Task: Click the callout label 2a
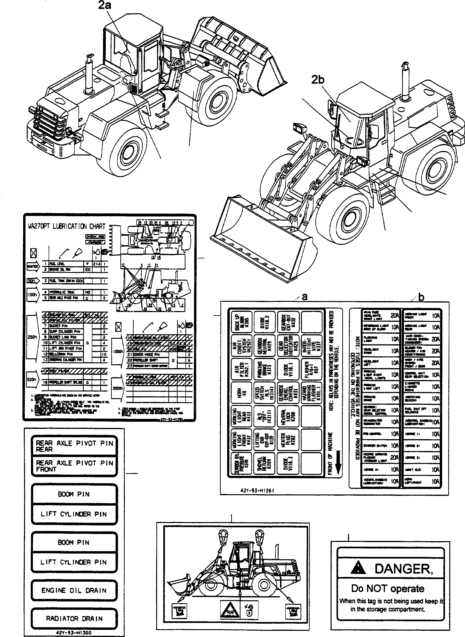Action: click(x=105, y=5)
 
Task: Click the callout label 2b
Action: click(x=317, y=80)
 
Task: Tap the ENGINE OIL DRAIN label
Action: click(x=74, y=590)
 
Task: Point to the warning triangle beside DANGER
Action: click(x=358, y=568)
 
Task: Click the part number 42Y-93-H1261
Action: click(x=257, y=490)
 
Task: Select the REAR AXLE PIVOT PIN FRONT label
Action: click(x=74, y=466)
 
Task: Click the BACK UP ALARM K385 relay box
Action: click(x=241, y=321)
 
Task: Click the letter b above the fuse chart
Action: click(x=421, y=297)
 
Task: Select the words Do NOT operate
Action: click(x=387, y=588)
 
